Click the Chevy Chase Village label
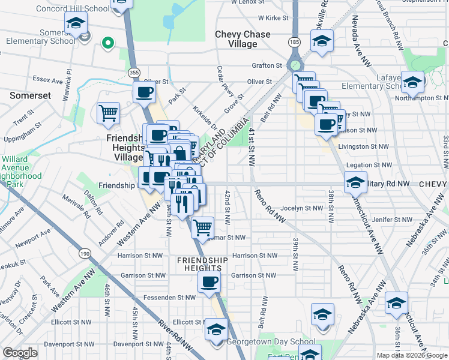point(243,40)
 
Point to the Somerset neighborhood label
point(29,95)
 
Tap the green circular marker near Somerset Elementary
point(108,43)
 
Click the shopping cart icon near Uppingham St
point(108,113)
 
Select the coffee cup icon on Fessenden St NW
point(209,281)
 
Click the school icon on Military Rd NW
point(355,182)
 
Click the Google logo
point(20,353)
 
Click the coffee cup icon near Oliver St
point(144,92)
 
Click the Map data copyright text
point(412,355)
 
